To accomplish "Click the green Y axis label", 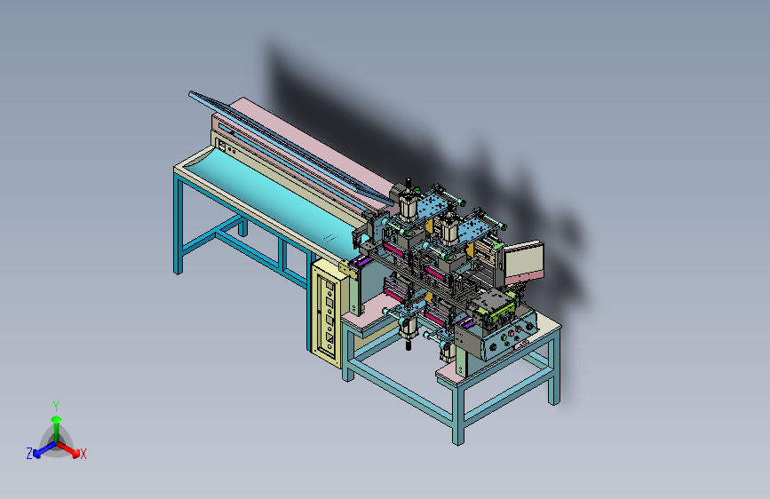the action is [x=56, y=407].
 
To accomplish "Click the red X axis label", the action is [x=83, y=454].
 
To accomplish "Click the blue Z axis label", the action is [x=29, y=454].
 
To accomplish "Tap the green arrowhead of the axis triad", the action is [x=57, y=420].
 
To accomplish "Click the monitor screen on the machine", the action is [x=522, y=261].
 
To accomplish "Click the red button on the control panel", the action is [x=512, y=334].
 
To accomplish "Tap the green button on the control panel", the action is [x=504, y=337].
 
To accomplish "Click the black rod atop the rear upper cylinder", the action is [x=409, y=183].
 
